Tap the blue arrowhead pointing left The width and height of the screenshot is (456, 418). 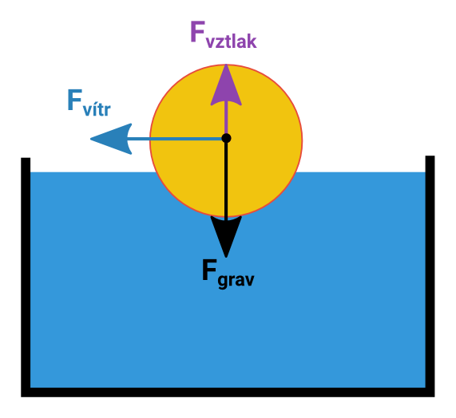[112, 139]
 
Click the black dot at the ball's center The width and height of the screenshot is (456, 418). [226, 138]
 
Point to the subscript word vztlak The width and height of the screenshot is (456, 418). [232, 41]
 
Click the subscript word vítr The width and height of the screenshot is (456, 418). [97, 108]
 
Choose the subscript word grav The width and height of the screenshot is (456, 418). [236, 280]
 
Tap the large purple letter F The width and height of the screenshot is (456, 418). [198, 31]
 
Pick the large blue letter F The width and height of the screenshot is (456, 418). [74, 100]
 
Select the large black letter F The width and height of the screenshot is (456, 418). [209, 270]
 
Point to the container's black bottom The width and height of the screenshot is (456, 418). [228, 392]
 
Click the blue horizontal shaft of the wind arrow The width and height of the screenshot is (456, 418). [174, 139]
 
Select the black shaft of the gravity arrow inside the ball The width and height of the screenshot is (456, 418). [226, 179]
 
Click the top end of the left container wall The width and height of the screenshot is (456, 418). [26, 158]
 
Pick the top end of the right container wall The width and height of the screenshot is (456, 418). [430, 156]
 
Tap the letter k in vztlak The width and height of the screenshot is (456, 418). [252, 41]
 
